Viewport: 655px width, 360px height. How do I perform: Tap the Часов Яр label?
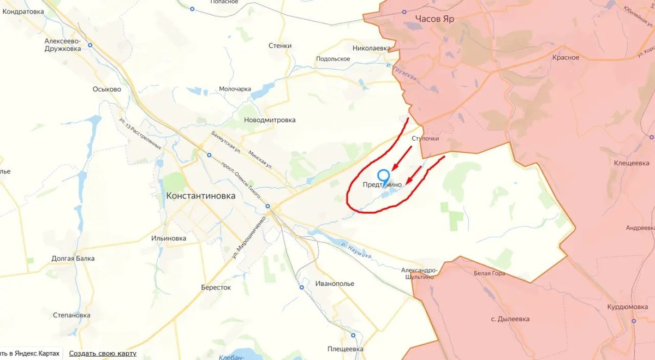point(434,19)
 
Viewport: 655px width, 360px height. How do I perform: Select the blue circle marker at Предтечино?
point(384,176)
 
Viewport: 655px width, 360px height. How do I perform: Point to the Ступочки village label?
point(425,139)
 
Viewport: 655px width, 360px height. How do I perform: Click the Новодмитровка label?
point(270,120)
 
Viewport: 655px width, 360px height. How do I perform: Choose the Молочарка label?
point(235,89)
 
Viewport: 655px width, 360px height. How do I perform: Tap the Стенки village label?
point(280,46)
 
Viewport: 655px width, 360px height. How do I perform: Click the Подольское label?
point(333,59)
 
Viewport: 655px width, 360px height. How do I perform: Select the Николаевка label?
point(372,48)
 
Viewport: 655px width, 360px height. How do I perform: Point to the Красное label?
point(565,58)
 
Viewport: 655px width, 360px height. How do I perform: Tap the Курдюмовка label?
point(627,307)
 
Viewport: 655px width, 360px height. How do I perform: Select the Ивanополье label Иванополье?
point(335,284)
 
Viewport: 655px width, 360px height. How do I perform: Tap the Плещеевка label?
point(345,349)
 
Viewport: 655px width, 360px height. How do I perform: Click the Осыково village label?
point(106,89)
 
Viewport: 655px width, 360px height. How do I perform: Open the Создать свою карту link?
point(103,353)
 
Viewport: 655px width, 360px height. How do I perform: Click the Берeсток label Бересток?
point(216,287)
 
